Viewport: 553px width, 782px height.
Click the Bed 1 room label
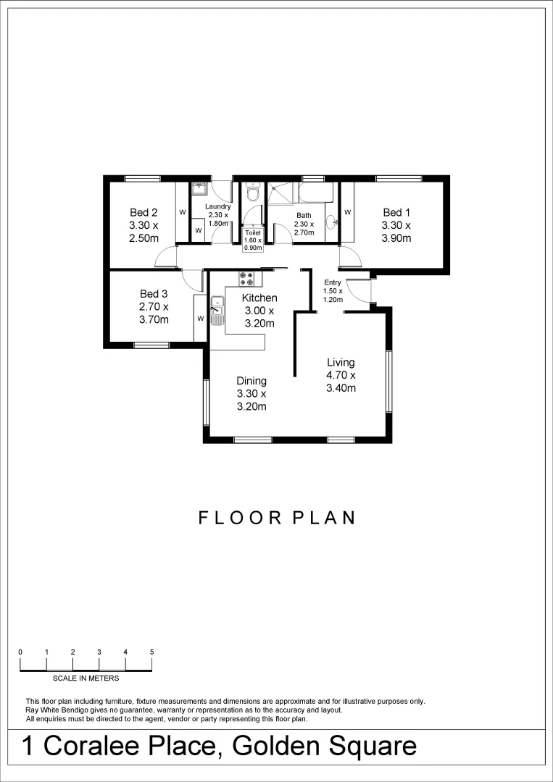[x=396, y=212]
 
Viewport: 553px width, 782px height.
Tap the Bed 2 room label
[x=144, y=212]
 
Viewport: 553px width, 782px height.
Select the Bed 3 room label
[x=154, y=293]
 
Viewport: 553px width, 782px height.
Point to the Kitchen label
[x=259, y=298]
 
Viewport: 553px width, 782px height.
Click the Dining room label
[x=251, y=381]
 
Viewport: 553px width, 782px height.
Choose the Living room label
[x=341, y=362]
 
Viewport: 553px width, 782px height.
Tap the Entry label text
[x=333, y=282]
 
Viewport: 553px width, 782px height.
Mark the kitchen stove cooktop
[x=246, y=277]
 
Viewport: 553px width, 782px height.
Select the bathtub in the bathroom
[x=315, y=193]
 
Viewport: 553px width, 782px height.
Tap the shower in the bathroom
[x=280, y=193]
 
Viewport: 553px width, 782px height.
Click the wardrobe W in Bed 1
[x=347, y=212]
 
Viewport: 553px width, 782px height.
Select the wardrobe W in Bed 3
[x=200, y=318]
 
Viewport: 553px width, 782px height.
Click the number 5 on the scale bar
[x=152, y=652]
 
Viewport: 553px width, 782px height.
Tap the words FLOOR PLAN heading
[x=277, y=518]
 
